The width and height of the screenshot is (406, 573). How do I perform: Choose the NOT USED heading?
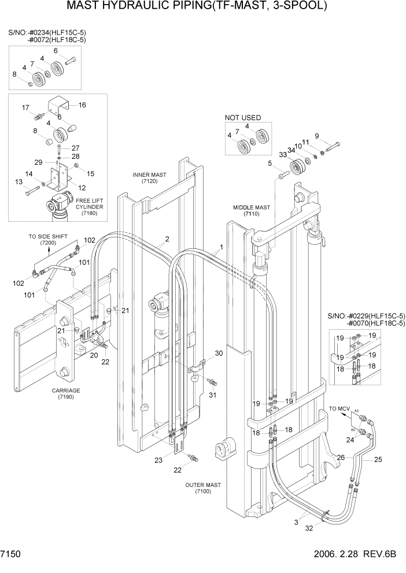click(x=243, y=118)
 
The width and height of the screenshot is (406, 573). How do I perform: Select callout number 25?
click(x=378, y=460)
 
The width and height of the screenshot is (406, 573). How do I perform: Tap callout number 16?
click(x=82, y=105)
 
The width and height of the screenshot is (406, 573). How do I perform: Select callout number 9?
click(x=317, y=136)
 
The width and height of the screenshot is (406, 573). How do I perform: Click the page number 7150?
click(x=11, y=553)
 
